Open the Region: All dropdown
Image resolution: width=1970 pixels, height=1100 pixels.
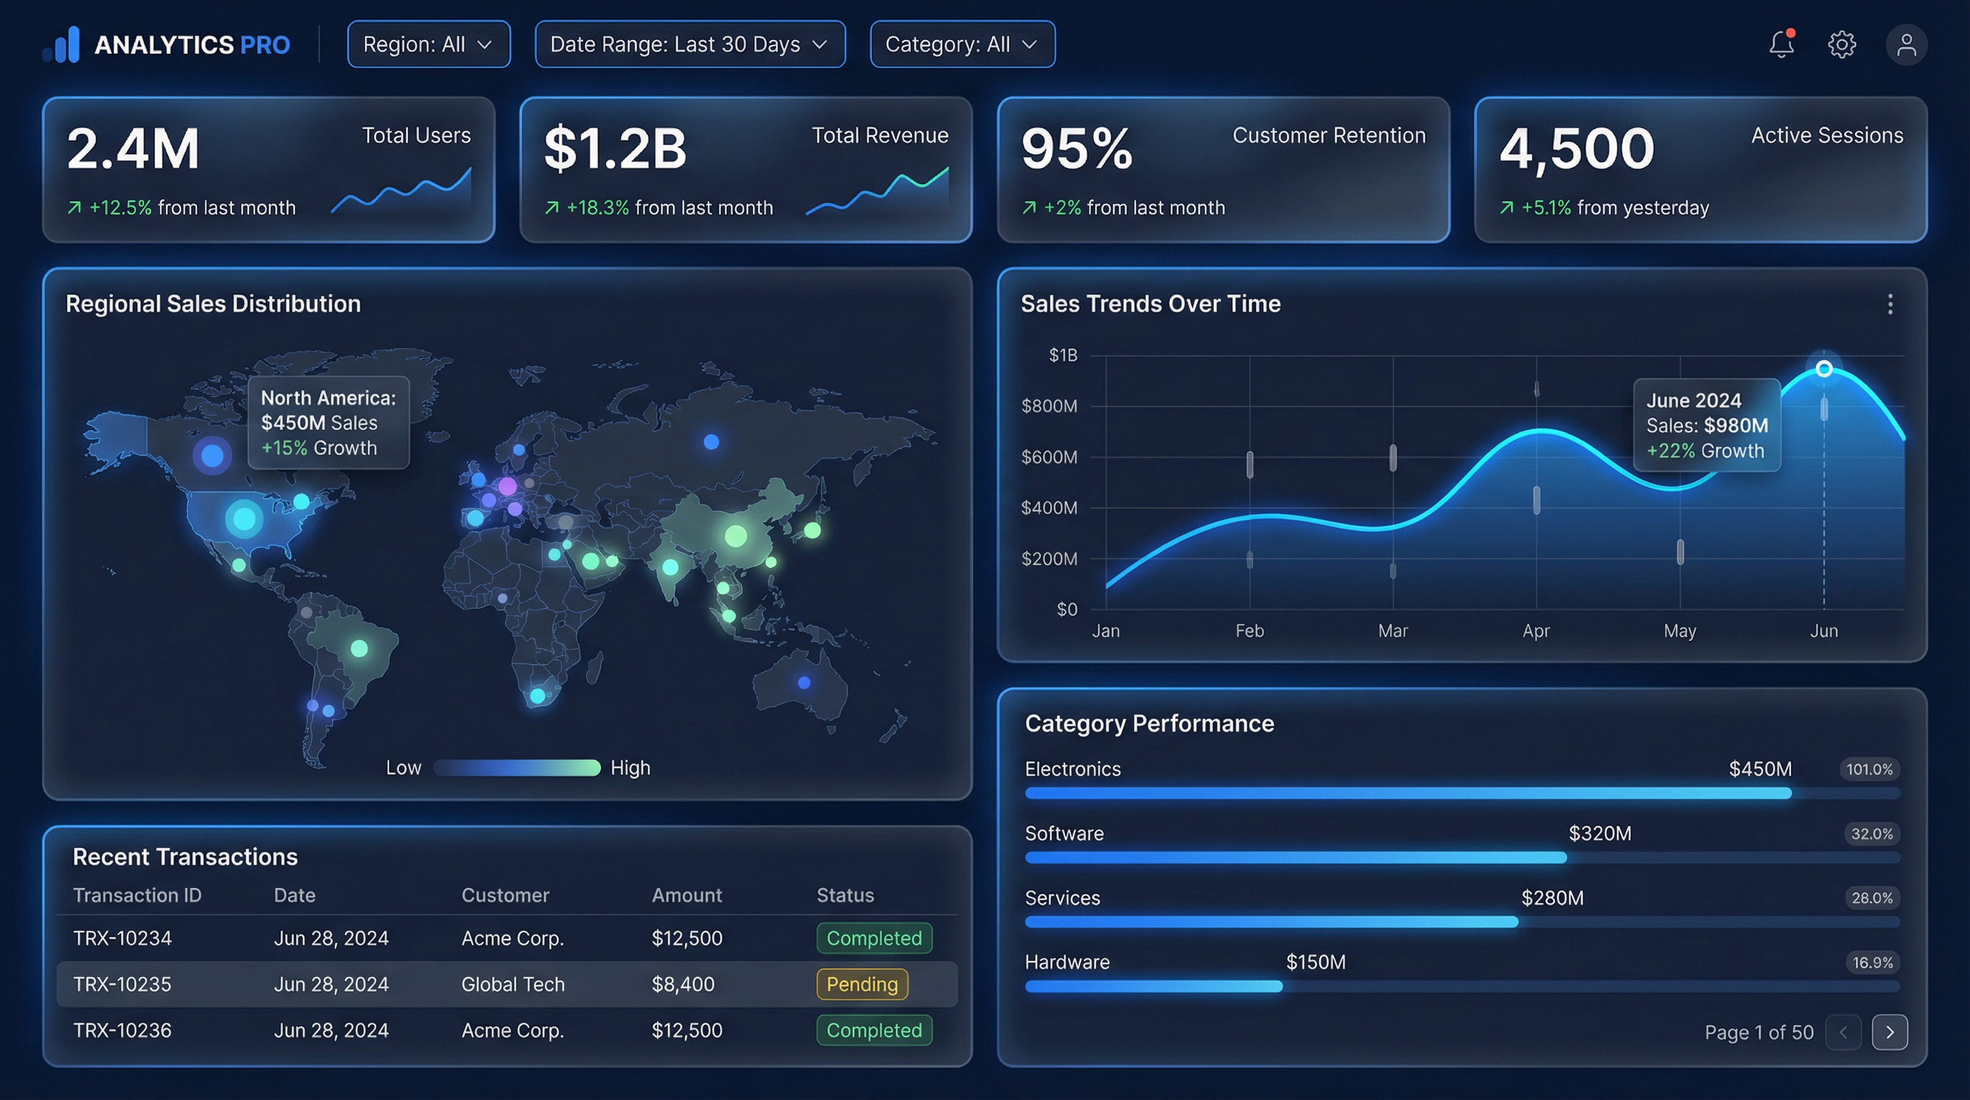coord(428,44)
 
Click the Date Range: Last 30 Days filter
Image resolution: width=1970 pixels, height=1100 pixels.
coord(689,44)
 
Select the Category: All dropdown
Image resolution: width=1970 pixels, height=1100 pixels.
coord(962,44)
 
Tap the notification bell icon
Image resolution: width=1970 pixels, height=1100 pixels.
coord(1781,44)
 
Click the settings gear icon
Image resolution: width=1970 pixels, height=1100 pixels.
coord(1842,44)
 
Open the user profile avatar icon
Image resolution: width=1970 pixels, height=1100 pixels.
coord(1906,44)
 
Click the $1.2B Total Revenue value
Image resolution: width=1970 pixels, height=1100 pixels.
coord(615,148)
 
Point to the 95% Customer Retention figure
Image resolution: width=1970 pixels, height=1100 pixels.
coord(1076,148)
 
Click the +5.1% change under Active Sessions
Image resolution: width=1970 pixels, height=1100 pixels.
coord(1546,208)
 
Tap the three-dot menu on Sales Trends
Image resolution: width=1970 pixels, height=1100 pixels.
coord(1890,304)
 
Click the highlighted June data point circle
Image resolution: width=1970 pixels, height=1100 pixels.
coord(1824,369)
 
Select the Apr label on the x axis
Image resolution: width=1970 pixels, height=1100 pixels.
coord(1535,631)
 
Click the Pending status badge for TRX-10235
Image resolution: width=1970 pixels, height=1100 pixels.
coord(862,985)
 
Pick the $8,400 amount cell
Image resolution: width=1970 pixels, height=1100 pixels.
coord(683,985)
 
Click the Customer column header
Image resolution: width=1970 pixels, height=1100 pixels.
coord(505,895)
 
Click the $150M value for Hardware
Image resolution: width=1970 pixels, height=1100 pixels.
coord(1316,962)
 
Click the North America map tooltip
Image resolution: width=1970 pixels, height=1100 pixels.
coord(328,423)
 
